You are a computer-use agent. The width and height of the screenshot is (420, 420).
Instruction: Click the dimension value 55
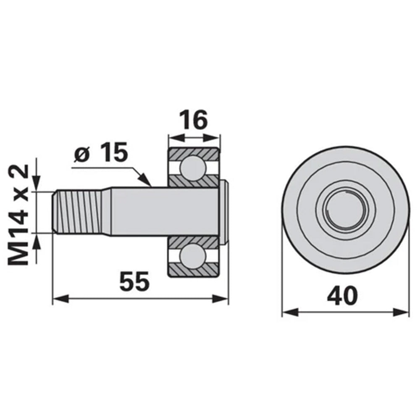tap(134, 281)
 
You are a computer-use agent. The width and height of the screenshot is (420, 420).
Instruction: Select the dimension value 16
tap(194, 120)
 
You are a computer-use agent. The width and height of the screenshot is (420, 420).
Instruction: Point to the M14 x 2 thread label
tap(18, 214)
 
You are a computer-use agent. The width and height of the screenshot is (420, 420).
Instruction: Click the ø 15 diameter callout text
tap(101, 155)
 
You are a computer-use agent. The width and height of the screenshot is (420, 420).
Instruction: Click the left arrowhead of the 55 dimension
tap(59, 299)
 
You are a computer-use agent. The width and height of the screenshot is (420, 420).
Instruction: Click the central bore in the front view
tap(344, 210)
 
